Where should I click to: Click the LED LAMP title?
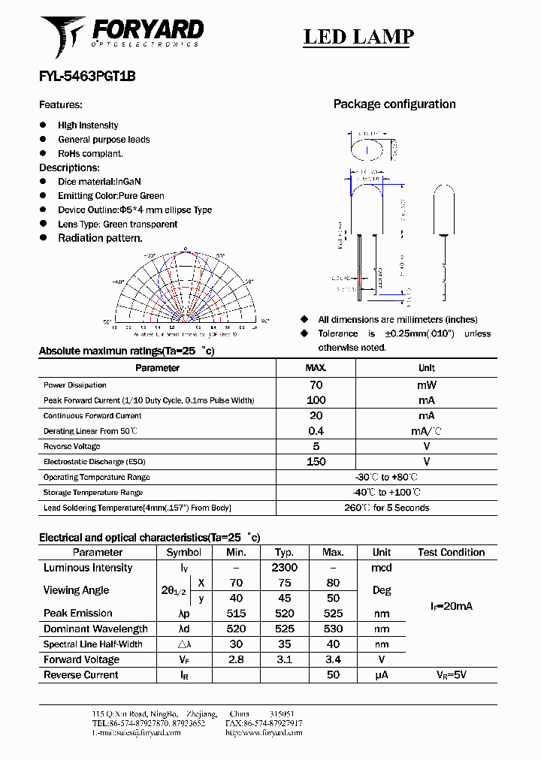(x=358, y=36)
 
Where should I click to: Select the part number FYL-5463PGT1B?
(x=87, y=76)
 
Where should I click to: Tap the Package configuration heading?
(x=394, y=104)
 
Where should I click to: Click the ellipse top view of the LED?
(x=367, y=149)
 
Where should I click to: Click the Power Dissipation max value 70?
(x=316, y=385)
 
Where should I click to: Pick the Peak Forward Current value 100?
(x=316, y=400)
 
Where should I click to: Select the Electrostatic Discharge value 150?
(x=316, y=462)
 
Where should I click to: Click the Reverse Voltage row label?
(x=72, y=446)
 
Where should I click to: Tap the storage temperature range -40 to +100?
(x=387, y=493)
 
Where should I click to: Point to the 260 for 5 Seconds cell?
(x=387, y=508)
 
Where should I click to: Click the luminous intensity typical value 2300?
(x=285, y=568)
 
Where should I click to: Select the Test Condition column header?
(x=451, y=552)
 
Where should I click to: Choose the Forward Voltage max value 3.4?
(x=333, y=659)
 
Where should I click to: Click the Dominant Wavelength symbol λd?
(x=184, y=629)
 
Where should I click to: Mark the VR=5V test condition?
(x=451, y=674)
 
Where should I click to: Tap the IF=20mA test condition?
(x=451, y=605)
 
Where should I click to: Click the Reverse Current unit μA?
(x=382, y=674)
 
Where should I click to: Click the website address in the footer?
(x=263, y=732)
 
